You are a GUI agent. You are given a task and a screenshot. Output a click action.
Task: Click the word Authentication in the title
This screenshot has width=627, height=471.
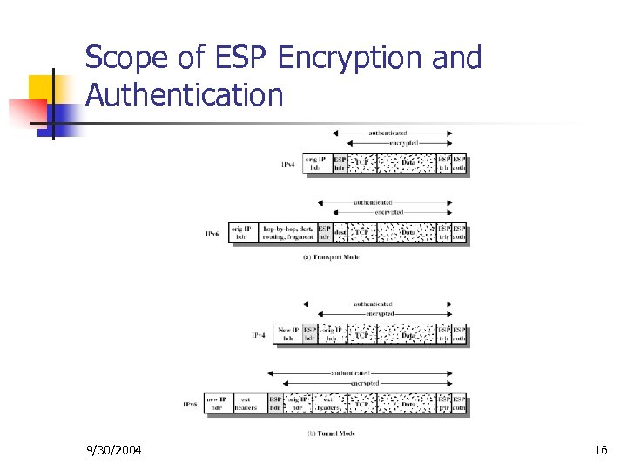pyautogui.click(x=185, y=94)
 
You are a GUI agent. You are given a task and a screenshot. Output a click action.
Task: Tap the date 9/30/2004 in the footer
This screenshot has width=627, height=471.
pyautogui.click(x=115, y=450)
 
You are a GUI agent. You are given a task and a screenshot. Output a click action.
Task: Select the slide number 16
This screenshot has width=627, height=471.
pyautogui.click(x=600, y=450)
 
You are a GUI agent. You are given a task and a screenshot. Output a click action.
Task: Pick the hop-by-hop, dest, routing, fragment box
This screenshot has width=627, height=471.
pyautogui.click(x=287, y=233)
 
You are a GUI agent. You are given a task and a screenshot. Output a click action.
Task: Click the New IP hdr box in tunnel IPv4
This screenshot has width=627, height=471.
pyautogui.click(x=288, y=334)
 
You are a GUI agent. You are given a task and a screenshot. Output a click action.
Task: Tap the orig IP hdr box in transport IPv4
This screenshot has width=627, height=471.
pyautogui.click(x=317, y=164)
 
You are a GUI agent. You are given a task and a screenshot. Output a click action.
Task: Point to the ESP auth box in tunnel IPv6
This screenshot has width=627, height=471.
pyautogui.click(x=460, y=404)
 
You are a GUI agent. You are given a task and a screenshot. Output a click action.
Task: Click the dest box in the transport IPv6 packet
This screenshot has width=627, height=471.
pyautogui.click(x=340, y=233)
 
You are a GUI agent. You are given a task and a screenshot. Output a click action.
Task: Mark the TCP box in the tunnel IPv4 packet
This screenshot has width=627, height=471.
pyautogui.click(x=362, y=334)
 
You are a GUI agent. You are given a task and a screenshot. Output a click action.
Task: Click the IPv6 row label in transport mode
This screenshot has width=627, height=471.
pyautogui.click(x=212, y=234)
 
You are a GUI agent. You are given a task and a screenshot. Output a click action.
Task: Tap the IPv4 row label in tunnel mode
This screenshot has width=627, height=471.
pyautogui.click(x=259, y=335)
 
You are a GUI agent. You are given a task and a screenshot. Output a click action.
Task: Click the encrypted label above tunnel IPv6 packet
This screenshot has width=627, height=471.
pyautogui.click(x=363, y=383)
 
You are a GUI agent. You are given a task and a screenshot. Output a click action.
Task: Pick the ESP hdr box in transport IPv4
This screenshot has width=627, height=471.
pyautogui.click(x=340, y=164)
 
